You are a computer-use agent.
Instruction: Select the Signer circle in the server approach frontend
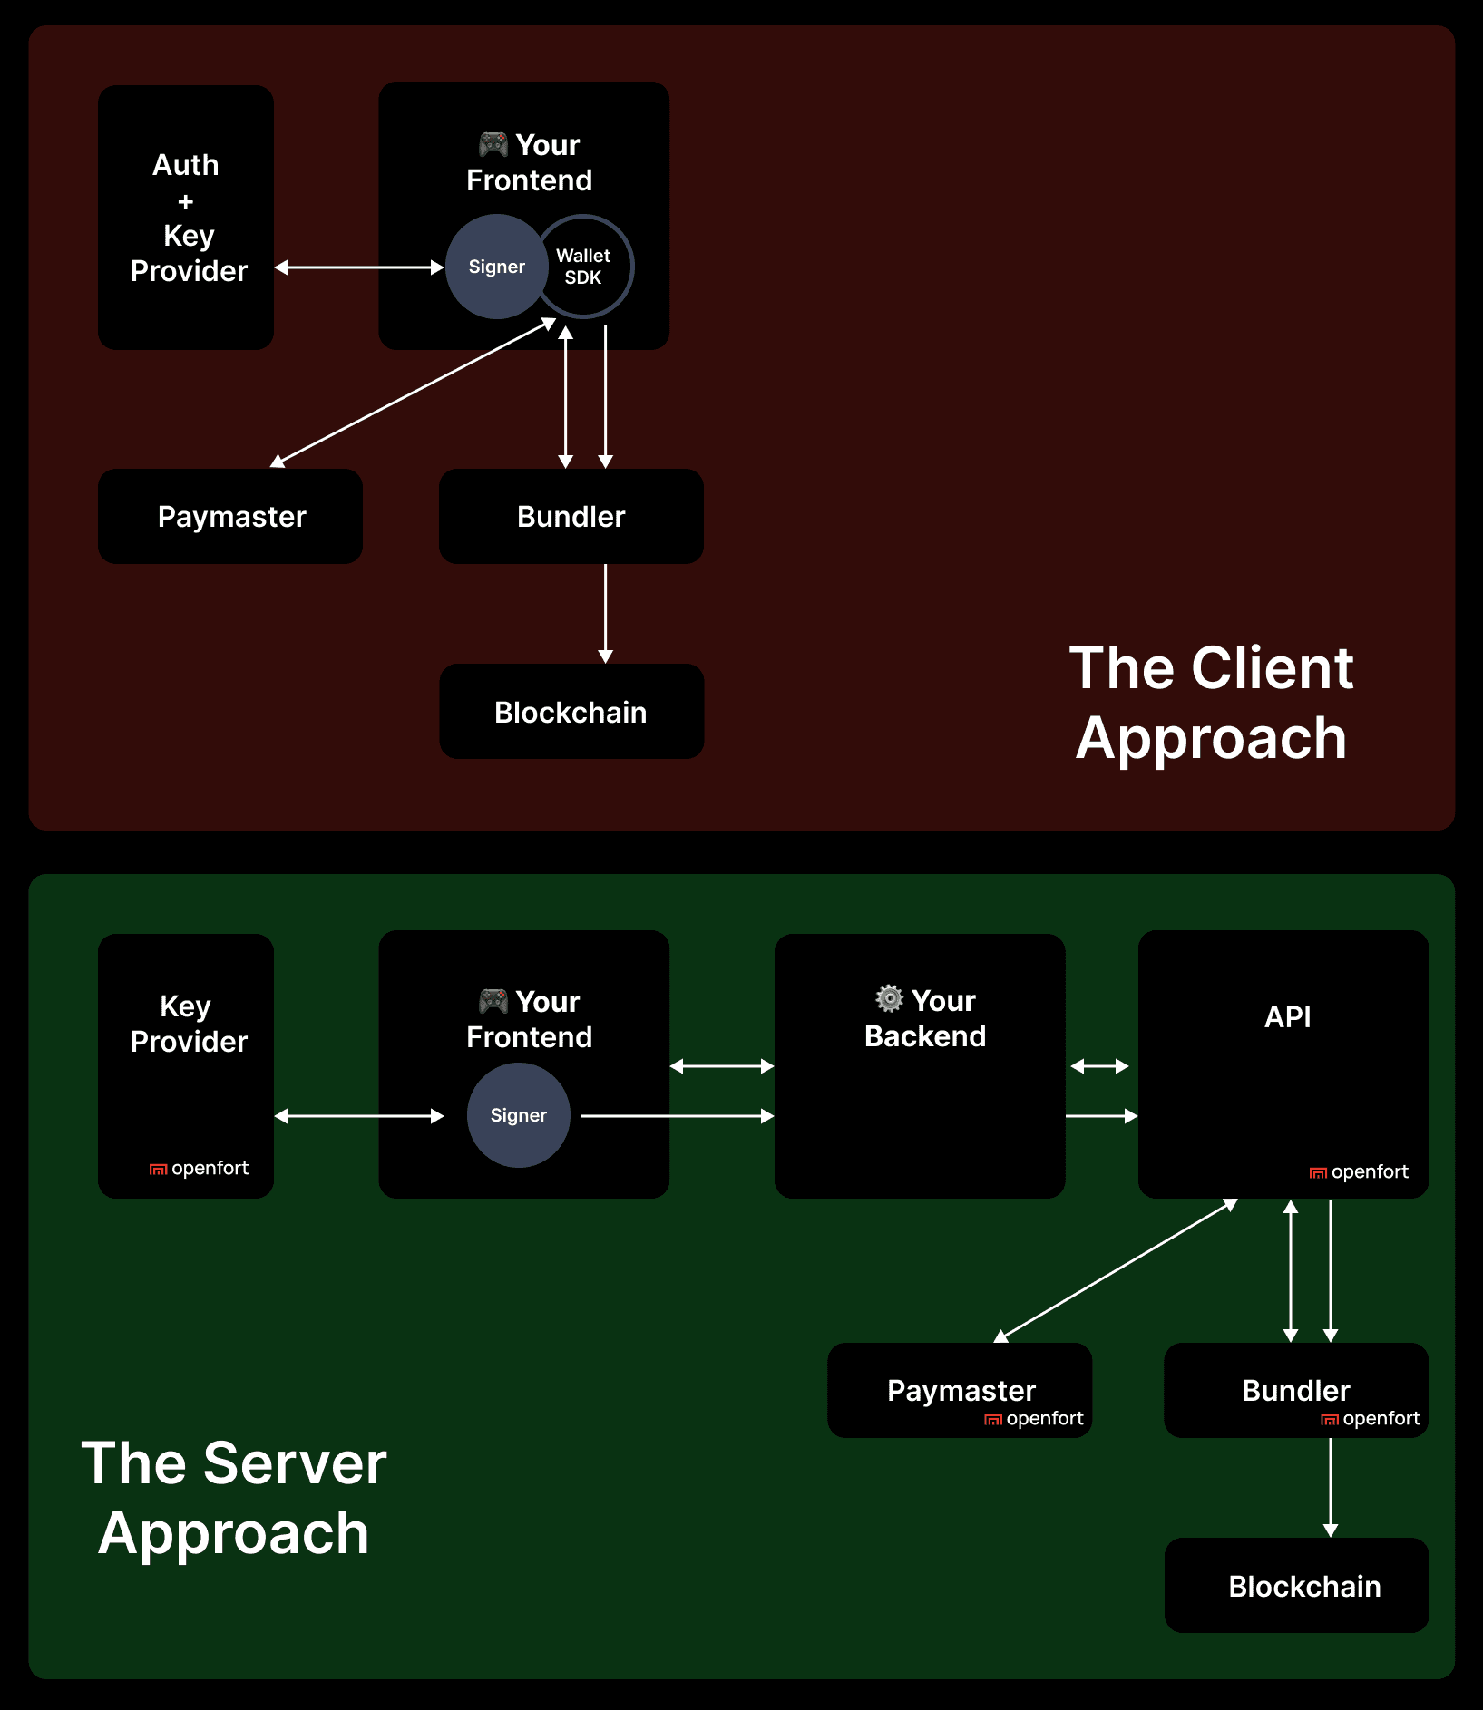518,1115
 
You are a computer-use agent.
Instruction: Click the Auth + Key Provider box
186,218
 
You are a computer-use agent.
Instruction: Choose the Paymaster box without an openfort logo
230,517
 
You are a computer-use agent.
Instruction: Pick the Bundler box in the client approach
571,517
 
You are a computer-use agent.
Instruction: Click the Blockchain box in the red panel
571,712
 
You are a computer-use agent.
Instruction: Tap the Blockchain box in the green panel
1303,1586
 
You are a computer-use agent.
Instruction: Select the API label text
1287,1016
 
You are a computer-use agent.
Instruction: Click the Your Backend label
926,1019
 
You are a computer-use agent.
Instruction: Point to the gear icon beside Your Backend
889,998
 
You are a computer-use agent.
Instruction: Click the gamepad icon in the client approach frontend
493,144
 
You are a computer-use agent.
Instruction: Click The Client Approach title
1211,703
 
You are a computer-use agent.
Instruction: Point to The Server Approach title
234,1498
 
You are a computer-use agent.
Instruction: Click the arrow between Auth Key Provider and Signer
358,267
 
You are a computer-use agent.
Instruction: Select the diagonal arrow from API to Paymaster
1116,1271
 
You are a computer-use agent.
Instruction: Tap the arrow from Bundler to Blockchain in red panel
606,613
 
